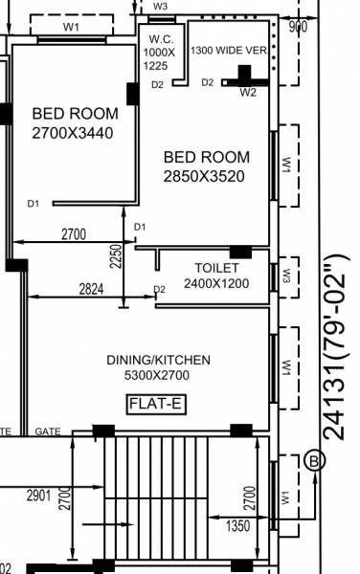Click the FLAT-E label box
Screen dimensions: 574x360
pyautogui.click(x=157, y=405)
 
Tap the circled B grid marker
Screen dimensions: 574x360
pyautogui.click(x=314, y=462)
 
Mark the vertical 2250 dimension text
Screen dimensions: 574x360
pyautogui.click(x=116, y=256)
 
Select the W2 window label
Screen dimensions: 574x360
pyautogui.click(x=248, y=93)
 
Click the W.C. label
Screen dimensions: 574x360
pyautogui.click(x=159, y=39)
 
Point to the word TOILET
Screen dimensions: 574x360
pyautogui.click(x=215, y=268)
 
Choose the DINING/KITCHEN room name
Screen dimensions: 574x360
pyautogui.click(x=158, y=360)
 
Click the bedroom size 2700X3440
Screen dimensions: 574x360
pyautogui.click(x=72, y=133)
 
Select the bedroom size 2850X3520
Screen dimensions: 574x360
pyautogui.click(x=206, y=176)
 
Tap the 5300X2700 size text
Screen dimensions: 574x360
pyautogui.click(x=158, y=377)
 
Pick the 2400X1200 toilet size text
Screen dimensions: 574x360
pyautogui.click(x=215, y=284)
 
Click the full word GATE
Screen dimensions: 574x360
pyautogui.click(x=48, y=432)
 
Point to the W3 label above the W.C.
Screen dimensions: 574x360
pyautogui.click(x=160, y=6)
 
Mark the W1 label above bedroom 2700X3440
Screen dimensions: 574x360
pyautogui.click(x=71, y=27)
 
